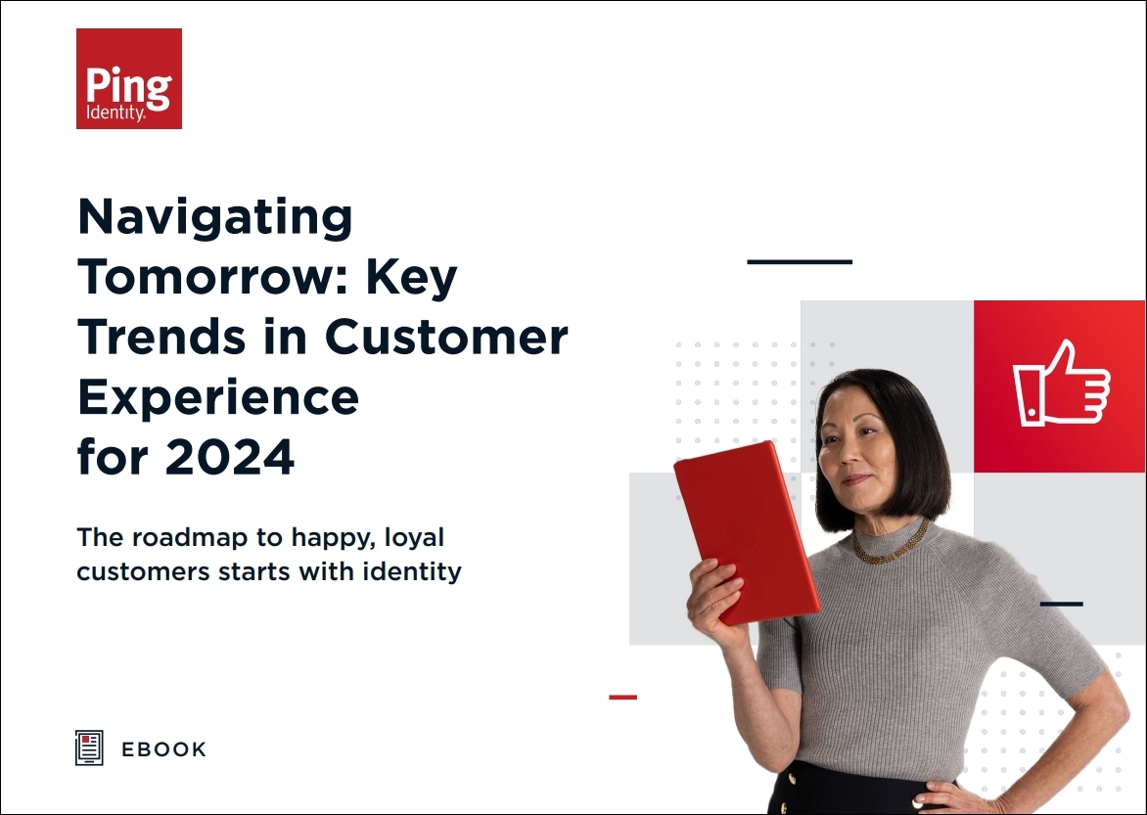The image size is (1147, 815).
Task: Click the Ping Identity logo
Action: coord(129,78)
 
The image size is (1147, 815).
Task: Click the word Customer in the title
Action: coord(446,338)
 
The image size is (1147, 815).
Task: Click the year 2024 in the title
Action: coord(230,457)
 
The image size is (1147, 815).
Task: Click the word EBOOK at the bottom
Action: coord(163,749)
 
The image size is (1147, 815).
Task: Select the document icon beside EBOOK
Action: coord(89,747)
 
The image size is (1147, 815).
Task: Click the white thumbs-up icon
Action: coord(1061,383)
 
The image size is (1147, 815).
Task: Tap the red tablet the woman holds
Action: coord(746,532)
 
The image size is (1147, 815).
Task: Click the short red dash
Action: coord(623,698)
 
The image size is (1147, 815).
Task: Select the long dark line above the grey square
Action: coord(800,261)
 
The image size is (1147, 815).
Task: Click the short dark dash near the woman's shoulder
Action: coord(1062,604)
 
